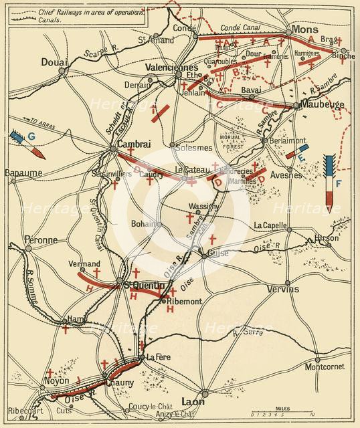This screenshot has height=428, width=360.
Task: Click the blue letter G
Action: click(x=31, y=136)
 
